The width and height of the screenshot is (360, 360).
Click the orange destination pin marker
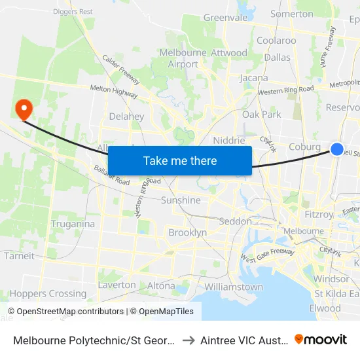[x=24, y=109]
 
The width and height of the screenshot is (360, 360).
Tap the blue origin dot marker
[x=337, y=149]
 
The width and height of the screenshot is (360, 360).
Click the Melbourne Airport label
[x=183, y=58]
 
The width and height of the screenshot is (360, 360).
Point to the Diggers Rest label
[x=75, y=11]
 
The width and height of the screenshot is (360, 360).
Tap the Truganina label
[x=73, y=224]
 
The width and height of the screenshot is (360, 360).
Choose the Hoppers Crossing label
[x=48, y=294]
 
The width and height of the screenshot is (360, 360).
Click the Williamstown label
[x=234, y=287]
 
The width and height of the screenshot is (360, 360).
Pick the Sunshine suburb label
[x=181, y=200]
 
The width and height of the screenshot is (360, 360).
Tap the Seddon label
[x=235, y=221]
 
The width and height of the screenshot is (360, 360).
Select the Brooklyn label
[x=188, y=233]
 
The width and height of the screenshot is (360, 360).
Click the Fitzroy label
[x=319, y=214]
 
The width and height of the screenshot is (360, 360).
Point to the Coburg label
[x=305, y=147]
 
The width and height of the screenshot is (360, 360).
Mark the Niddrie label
[x=229, y=141]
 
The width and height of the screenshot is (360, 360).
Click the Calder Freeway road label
[x=120, y=69]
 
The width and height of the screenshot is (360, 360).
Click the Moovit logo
[x=321, y=339]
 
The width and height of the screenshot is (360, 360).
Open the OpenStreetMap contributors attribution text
[x=70, y=312]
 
